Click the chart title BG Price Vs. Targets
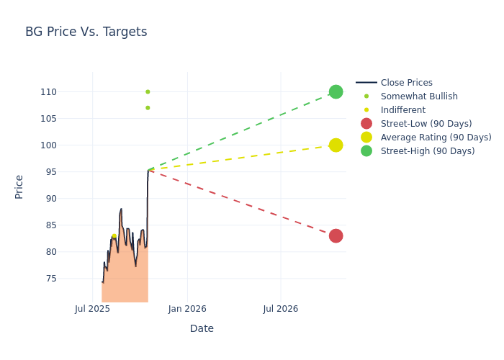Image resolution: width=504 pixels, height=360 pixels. (x=86, y=32)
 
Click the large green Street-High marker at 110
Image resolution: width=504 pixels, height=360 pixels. (x=336, y=92)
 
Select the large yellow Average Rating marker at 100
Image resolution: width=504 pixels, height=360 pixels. (x=336, y=145)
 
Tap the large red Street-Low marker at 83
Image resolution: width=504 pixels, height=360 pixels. (x=336, y=236)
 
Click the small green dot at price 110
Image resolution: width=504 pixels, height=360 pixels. (x=148, y=92)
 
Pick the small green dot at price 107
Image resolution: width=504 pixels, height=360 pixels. (x=148, y=108)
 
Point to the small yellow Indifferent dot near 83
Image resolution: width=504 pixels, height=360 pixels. (x=114, y=236)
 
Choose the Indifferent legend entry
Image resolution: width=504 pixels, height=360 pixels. (x=402, y=110)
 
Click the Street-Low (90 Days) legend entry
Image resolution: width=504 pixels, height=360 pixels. (x=426, y=124)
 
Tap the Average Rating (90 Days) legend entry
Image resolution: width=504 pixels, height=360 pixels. (x=436, y=138)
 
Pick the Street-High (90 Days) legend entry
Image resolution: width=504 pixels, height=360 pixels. (x=427, y=151)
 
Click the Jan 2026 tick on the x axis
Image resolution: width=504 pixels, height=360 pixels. (x=187, y=309)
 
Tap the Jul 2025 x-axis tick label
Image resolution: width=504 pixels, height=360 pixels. (x=92, y=309)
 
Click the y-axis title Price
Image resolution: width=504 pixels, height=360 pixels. (x=19, y=186)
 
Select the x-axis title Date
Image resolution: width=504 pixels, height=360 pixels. (x=202, y=329)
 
